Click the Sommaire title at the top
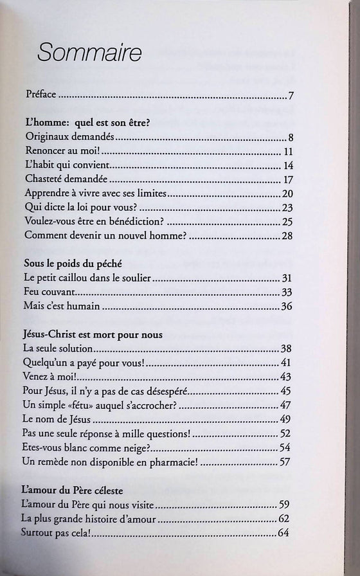pyautogui.click(x=89, y=53)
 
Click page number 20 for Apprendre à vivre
pyautogui.click(x=287, y=193)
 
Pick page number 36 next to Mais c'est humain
pyautogui.click(x=287, y=306)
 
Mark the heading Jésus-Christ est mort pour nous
pyautogui.click(x=93, y=335)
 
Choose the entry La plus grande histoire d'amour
pyautogui.click(x=90, y=518)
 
